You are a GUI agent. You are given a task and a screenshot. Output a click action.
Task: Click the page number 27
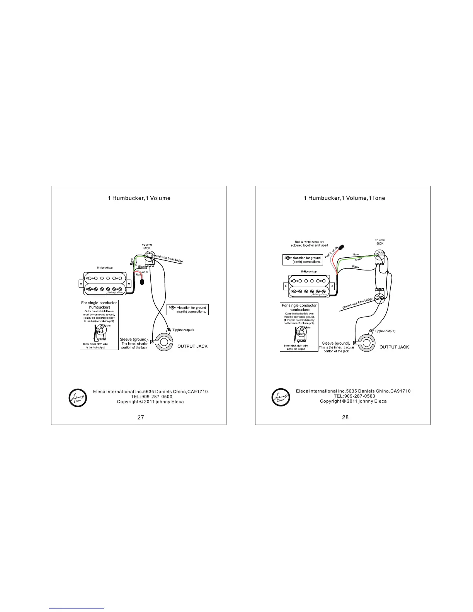click(x=141, y=417)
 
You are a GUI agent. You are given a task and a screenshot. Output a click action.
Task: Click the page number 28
click(x=345, y=417)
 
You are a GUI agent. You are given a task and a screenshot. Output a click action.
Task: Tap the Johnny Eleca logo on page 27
click(x=78, y=398)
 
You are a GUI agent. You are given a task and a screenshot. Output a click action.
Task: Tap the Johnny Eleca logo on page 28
click(x=281, y=397)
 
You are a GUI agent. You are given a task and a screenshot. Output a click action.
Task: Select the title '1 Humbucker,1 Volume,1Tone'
click(x=344, y=198)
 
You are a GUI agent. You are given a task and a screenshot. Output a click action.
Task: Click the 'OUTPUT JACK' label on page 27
click(x=192, y=346)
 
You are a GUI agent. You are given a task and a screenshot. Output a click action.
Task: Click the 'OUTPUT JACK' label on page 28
click(x=394, y=347)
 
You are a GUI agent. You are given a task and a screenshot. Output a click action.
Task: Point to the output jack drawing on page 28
click(x=367, y=343)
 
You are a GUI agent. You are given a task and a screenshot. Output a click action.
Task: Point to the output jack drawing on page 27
click(x=165, y=342)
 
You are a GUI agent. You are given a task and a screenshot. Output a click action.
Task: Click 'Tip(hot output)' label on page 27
click(x=183, y=330)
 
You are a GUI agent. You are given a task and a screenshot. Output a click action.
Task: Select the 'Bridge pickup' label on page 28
click(x=309, y=271)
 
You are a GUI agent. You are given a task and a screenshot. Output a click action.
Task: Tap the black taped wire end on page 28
click(x=342, y=247)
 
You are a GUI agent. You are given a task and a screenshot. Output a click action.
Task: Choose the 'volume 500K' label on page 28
click(x=380, y=242)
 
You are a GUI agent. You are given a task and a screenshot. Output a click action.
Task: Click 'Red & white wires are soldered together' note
click(x=309, y=244)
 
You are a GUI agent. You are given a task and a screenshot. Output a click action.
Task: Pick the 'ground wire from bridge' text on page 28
click(x=357, y=304)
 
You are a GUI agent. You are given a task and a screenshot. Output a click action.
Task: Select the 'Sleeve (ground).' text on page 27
click(x=134, y=339)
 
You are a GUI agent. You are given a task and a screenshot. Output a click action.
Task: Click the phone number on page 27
click(x=151, y=397)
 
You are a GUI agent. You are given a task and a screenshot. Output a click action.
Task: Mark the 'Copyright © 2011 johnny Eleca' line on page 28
click(x=353, y=401)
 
